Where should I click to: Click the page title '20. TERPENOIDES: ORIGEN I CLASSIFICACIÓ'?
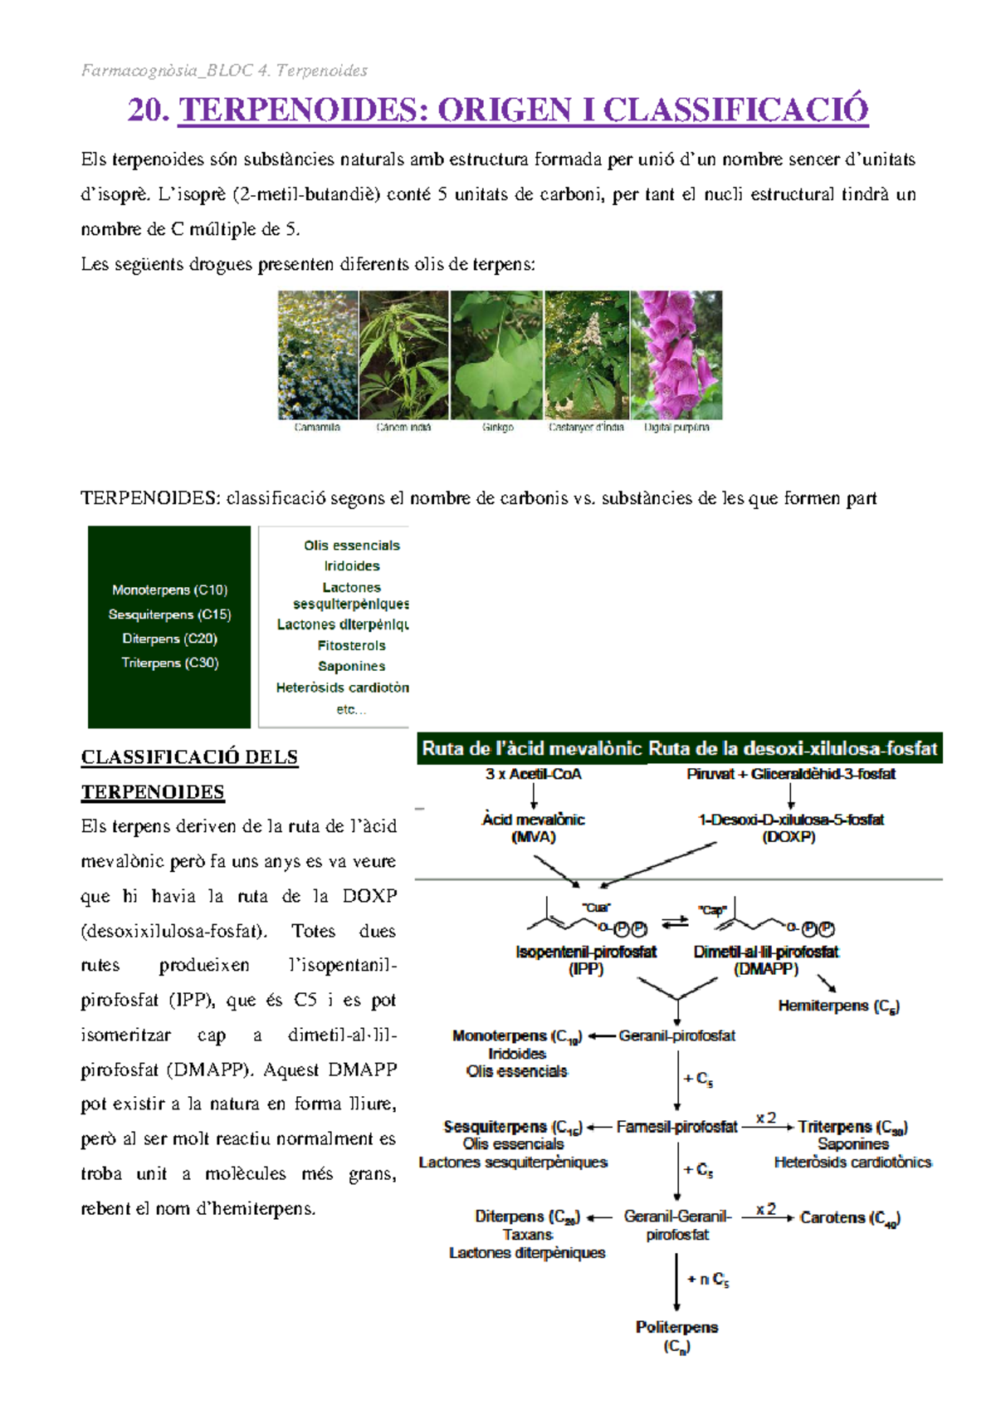pos(498,110)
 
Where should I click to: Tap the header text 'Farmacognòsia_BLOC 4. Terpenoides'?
pos(224,71)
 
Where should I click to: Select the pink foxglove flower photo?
pos(676,355)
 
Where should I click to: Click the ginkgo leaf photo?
pos(496,355)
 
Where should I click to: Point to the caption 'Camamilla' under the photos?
pos(317,428)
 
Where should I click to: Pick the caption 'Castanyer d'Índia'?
pos(586,428)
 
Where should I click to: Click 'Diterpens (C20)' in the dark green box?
pos(169,639)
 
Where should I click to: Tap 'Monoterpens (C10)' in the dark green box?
pos(169,590)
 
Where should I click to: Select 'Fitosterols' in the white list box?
pos(351,645)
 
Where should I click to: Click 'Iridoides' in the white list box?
pos(352,565)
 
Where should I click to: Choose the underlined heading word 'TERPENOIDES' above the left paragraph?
pos(153,792)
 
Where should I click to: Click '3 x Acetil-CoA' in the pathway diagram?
pos(533,774)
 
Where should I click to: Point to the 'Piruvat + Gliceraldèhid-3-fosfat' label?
pos(791,774)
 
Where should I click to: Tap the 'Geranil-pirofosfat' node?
pos(676,1035)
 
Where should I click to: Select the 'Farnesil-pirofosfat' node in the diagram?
pos(676,1127)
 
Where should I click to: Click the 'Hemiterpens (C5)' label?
pos(838,1006)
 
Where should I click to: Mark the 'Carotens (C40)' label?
pos(850,1217)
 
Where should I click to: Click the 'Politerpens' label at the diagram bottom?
pos(676,1327)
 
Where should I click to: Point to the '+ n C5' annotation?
pos(708,1280)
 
